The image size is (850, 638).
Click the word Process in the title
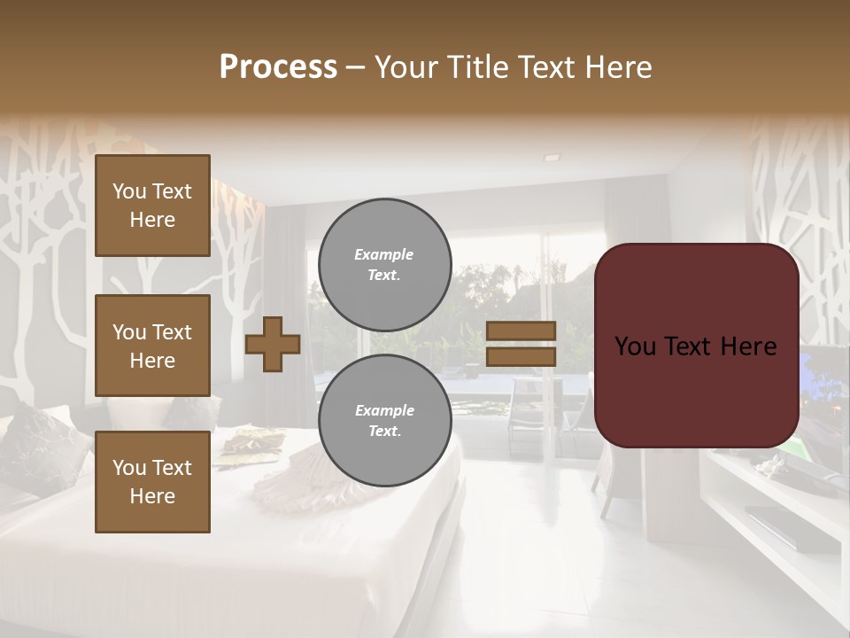tap(278, 67)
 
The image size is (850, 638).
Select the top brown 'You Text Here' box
tap(152, 206)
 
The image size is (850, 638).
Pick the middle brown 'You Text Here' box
tap(152, 346)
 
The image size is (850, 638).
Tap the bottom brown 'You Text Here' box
tap(152, 482)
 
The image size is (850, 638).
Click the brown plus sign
tap(273, 344)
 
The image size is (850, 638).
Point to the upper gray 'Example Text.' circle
tap(384, 265)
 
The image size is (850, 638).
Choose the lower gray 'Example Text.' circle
tap(384, 421)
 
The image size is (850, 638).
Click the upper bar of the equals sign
tap(521, 331)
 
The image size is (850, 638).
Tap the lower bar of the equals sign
tap(521, 356)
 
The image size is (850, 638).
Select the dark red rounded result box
tap(696, 346)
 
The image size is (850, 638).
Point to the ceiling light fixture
tap(552, 157)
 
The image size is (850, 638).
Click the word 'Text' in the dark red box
tap(696, 346)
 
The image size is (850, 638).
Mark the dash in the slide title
tap(356, 68)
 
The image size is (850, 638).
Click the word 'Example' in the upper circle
tap(383, 254)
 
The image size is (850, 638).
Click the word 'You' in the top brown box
tap(129, 191)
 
